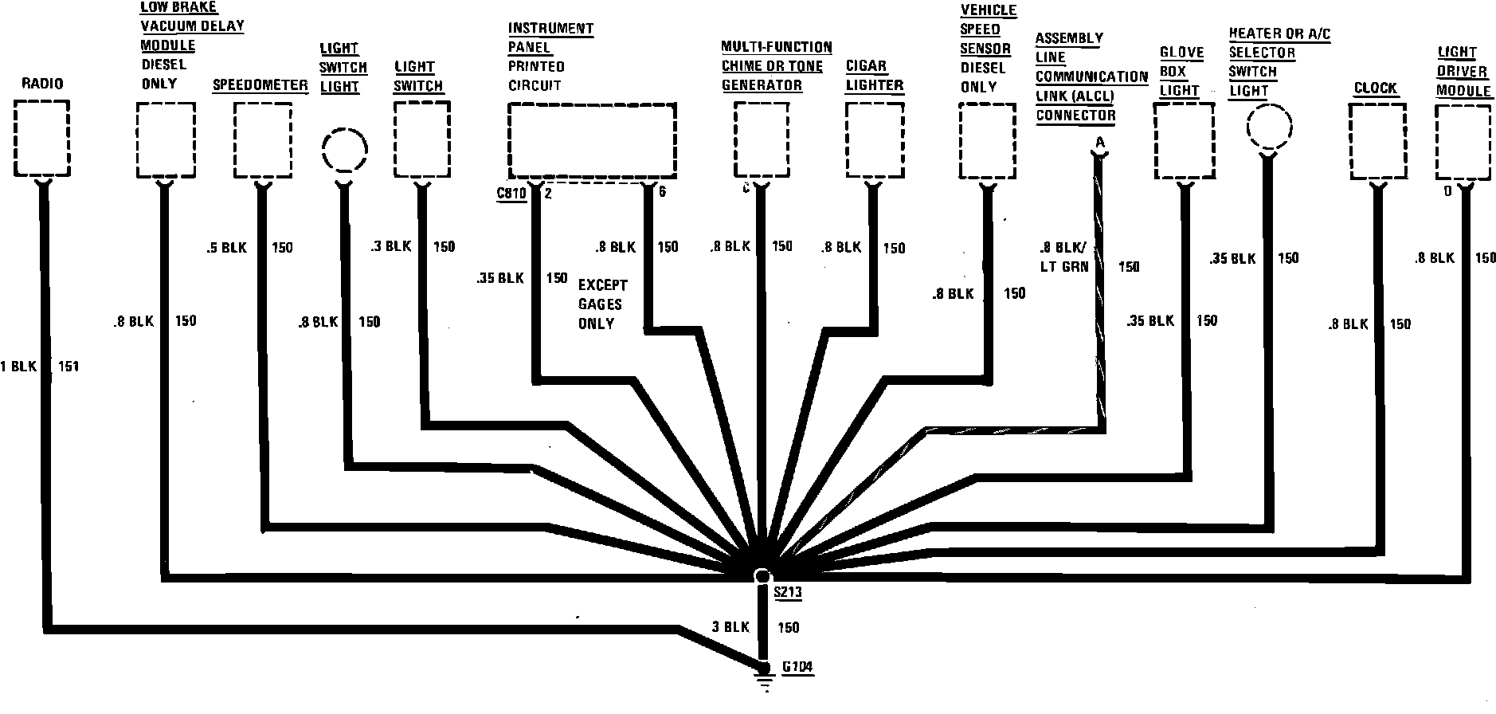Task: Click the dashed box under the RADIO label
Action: (x=42, y=138)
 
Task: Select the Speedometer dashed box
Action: (x=262, y=140)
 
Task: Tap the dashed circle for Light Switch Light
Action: (x=345, y=148)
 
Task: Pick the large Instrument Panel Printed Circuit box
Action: (x=592, y=139)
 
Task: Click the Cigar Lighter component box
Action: (x=874, y=140)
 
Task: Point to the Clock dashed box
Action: (x=1377, y=141)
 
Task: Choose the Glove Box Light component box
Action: (x=1185, y=141)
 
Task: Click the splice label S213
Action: (x=787, y=592)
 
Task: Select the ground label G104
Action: (x=797, y=667)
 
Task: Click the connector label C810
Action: (x=511, y=193)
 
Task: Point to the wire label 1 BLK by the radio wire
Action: (x=19, y=367)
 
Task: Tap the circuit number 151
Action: (x=69, y=367)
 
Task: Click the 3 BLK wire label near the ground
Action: (x=730, y=627)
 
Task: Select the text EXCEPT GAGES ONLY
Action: (x=602, y=304)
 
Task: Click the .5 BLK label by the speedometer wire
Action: (x=227, y=248)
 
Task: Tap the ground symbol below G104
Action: (x=764, y=682)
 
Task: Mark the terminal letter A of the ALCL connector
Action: (x=1100, y=142)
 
